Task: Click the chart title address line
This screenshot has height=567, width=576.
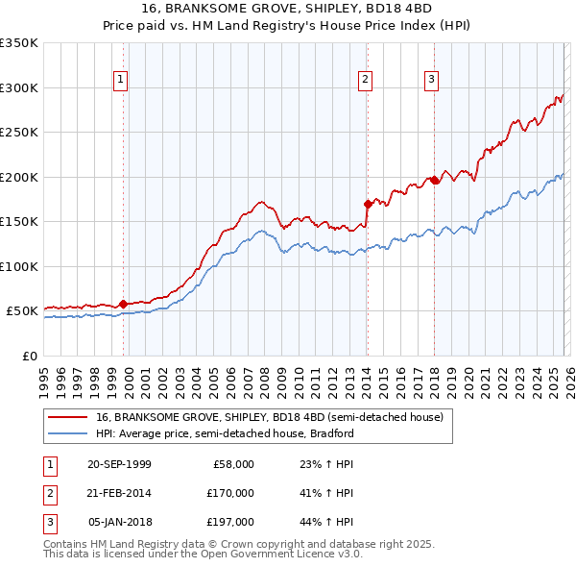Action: (287, 9)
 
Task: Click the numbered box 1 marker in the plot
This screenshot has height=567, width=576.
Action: (121, 81)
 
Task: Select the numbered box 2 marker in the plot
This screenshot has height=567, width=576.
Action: (366, 81)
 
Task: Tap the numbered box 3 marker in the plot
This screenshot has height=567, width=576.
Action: (432, 81)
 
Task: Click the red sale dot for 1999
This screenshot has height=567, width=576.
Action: (123, 304)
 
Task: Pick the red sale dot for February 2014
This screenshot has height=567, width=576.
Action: (368, 204)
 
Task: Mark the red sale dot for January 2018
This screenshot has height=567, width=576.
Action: (434, 180)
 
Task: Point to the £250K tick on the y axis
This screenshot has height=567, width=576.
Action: (19, 133)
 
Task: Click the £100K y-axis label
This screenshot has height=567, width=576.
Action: (19, 266)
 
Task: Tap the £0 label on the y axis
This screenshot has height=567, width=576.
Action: (29, 356)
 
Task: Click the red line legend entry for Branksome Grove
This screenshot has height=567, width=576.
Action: (269, 417)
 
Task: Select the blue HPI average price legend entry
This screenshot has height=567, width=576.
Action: (226, 433)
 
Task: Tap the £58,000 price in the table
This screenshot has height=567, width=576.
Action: (233, 464)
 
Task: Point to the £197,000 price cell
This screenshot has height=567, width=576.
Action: (230, 522)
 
